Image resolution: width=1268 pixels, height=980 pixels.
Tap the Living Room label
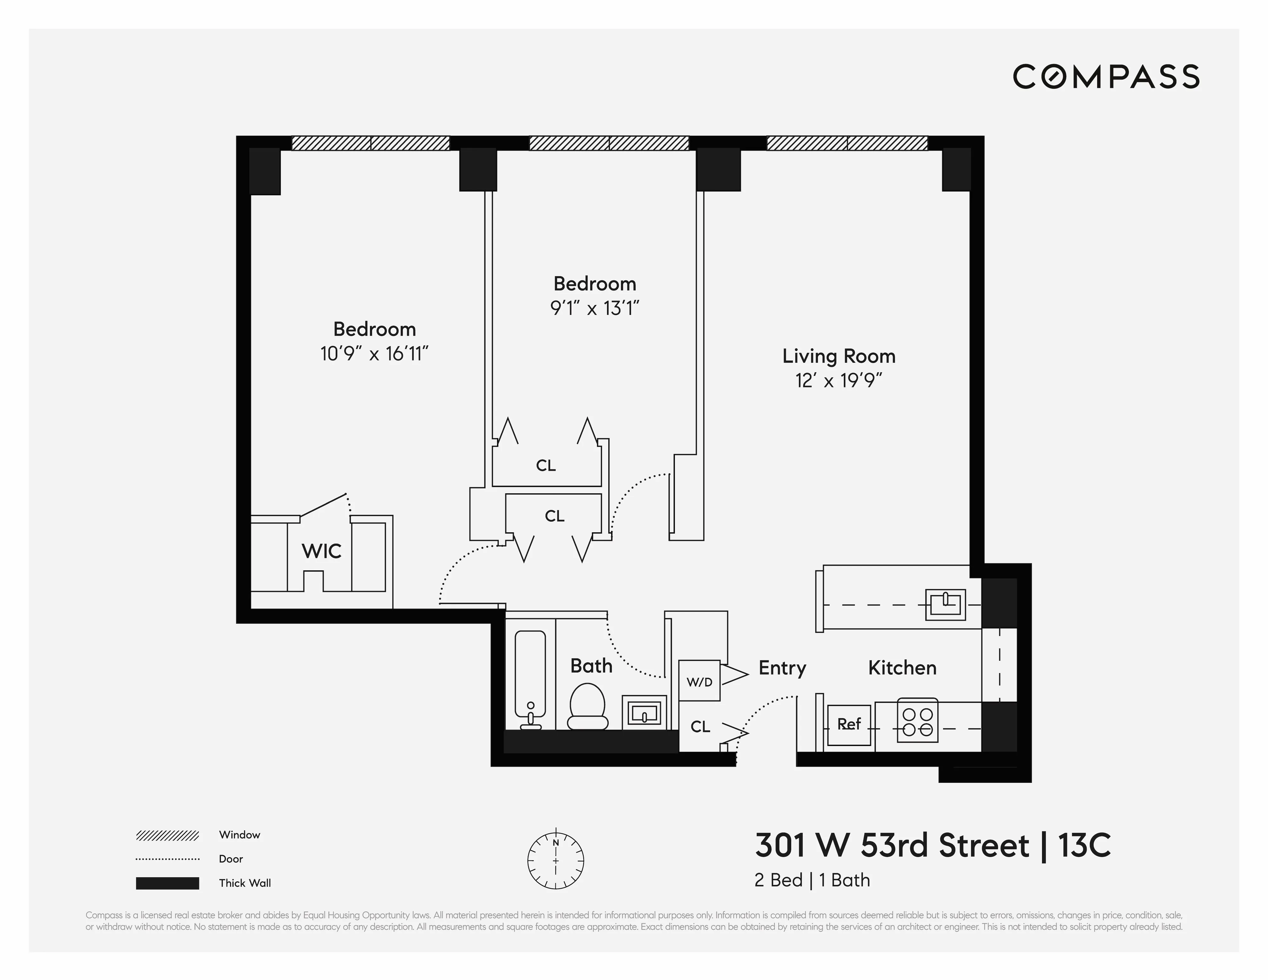click(x=838, y=356)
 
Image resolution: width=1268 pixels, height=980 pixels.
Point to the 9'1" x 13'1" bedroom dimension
click(x=594, y=308)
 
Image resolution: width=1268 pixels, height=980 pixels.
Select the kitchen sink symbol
click(x=945, y=604)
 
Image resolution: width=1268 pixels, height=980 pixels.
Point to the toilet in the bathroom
click(x=587, y=707)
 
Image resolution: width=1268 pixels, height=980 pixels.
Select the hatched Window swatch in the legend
click(x=167, y=835)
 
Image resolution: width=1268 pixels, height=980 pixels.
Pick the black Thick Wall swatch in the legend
click(x=167, y=883)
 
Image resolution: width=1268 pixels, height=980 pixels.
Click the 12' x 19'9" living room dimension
click(x=838, y=381)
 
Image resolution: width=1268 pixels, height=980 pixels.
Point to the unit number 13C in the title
click(x=1084, y=845)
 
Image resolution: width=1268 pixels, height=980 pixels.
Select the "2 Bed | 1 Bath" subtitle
click(x=812, y=880)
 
